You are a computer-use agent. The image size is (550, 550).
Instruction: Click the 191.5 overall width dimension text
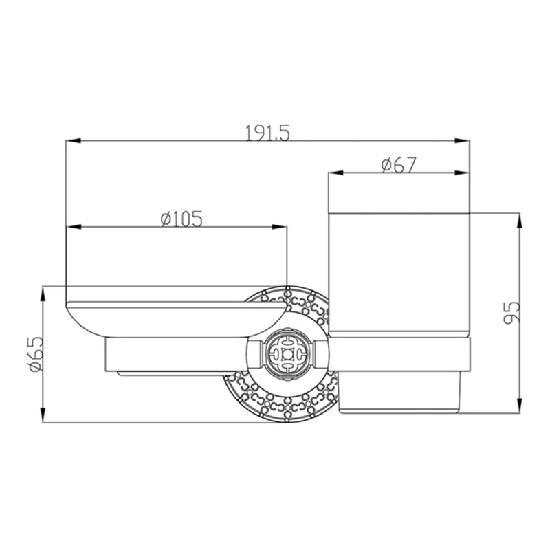[x=267, y=133]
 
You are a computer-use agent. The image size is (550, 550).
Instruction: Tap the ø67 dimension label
[x=399, y=165]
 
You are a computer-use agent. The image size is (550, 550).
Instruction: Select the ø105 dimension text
[x=181, y=219]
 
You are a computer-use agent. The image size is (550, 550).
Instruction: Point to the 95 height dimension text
[x=511, y=313]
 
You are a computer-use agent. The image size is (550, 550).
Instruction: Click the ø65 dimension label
[x=36, y=354]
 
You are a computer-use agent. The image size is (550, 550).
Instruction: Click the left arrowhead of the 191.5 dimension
[x=74, y=141]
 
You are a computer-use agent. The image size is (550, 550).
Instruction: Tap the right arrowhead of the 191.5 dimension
[x=462, y=141]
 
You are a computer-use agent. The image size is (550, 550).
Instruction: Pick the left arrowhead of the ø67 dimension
[x=335, y=173]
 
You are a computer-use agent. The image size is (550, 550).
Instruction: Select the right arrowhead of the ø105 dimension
[x=279, y=227]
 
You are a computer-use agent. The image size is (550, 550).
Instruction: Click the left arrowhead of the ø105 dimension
[x=74, y=227]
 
